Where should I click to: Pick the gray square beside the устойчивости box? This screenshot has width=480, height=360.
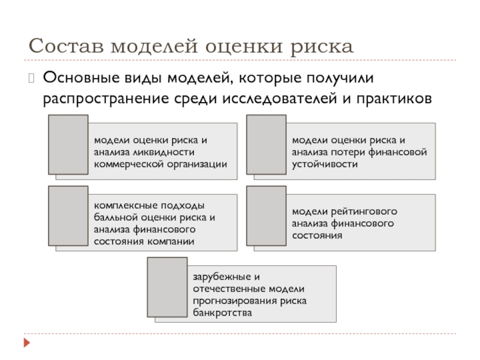(267, 145)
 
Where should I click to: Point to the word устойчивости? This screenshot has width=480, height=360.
(325, 164)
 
